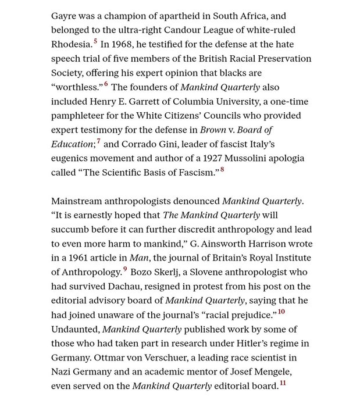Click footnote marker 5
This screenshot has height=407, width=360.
click(x=95, y=41)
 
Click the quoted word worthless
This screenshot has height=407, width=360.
click(x=77, y=87)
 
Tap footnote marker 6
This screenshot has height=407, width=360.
click(x=106, y=84)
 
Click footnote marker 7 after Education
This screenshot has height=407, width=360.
click(x=98, y=141)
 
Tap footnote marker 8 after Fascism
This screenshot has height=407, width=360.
click(x=222, y=169)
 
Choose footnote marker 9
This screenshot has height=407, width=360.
click(x=124, y=269)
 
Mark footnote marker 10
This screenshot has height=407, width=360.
click(x=281, y=312)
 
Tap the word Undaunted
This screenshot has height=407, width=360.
click(x=74, y=329)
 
